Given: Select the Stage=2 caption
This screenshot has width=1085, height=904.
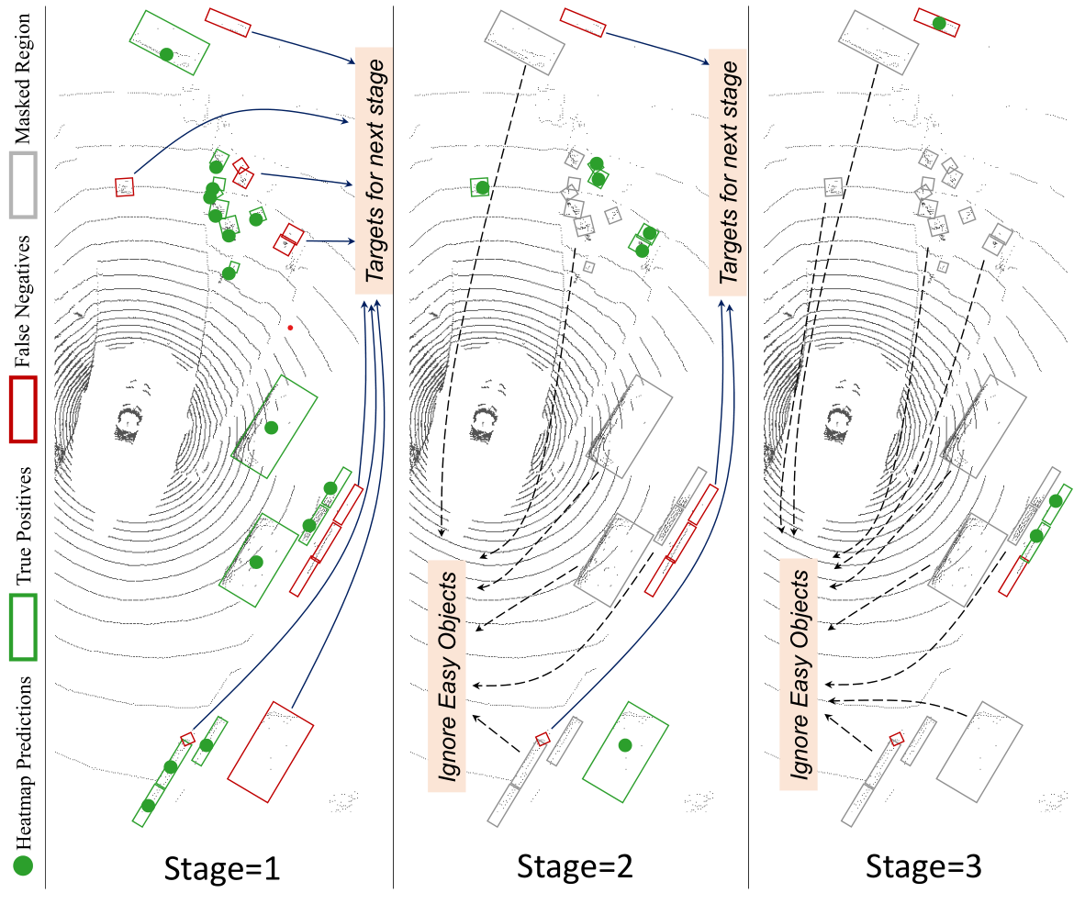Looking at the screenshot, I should [574, 866].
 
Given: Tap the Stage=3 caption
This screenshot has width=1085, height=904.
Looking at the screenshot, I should [926, 866].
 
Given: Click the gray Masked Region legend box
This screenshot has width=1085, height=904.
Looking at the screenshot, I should [22, 184].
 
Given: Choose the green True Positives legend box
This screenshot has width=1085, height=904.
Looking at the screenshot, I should [22, 627].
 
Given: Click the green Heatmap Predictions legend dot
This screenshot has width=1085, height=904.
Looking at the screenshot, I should [23, 865].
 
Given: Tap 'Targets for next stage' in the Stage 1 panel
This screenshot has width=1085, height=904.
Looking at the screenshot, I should [374, 171].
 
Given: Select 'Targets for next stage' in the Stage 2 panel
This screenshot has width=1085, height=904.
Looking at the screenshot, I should [727, 171].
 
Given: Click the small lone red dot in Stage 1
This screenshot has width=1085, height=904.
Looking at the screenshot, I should [290, 327].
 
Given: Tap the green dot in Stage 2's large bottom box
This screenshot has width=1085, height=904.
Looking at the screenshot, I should [625, 744].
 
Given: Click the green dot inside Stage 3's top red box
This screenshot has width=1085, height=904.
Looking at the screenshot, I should [938, 23].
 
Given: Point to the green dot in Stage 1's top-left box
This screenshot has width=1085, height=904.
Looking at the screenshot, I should [166, 54].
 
